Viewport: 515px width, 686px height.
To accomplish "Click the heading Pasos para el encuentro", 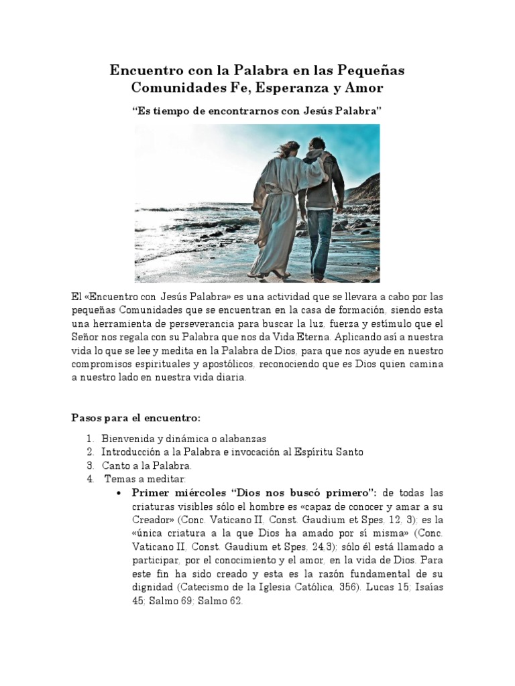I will tap(136, 418).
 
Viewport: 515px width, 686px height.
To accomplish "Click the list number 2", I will tap(90, 452).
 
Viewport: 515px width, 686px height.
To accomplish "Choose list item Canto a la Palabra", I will tap(147, 466).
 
